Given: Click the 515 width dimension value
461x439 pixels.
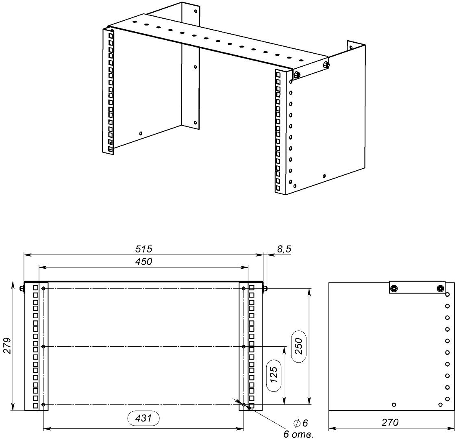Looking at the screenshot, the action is pyautogui.click(x=144, y=249).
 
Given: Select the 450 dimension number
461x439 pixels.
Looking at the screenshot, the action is pyautogui.click(x=144, y=261).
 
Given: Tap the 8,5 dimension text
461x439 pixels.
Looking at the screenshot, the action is pyautogui.click(x=284, y=249).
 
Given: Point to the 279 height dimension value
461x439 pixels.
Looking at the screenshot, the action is pyautogui.click(x=7, y=346).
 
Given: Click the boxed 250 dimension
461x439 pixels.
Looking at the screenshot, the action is pyautogui.click(x=299, y=346).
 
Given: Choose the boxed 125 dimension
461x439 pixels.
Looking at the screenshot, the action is pyautogui.click(x=273, y=374).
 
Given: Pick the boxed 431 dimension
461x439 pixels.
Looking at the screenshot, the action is pyautogui.click(x=144, y=418).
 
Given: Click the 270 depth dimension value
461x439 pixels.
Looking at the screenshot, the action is pyautogui.click(x=390, y=422).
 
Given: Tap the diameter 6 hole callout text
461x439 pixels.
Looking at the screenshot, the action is pyautogui.click(x=300, y=423).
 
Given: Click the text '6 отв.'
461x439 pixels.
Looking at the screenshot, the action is pyautogui.click(x=298, y=434).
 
